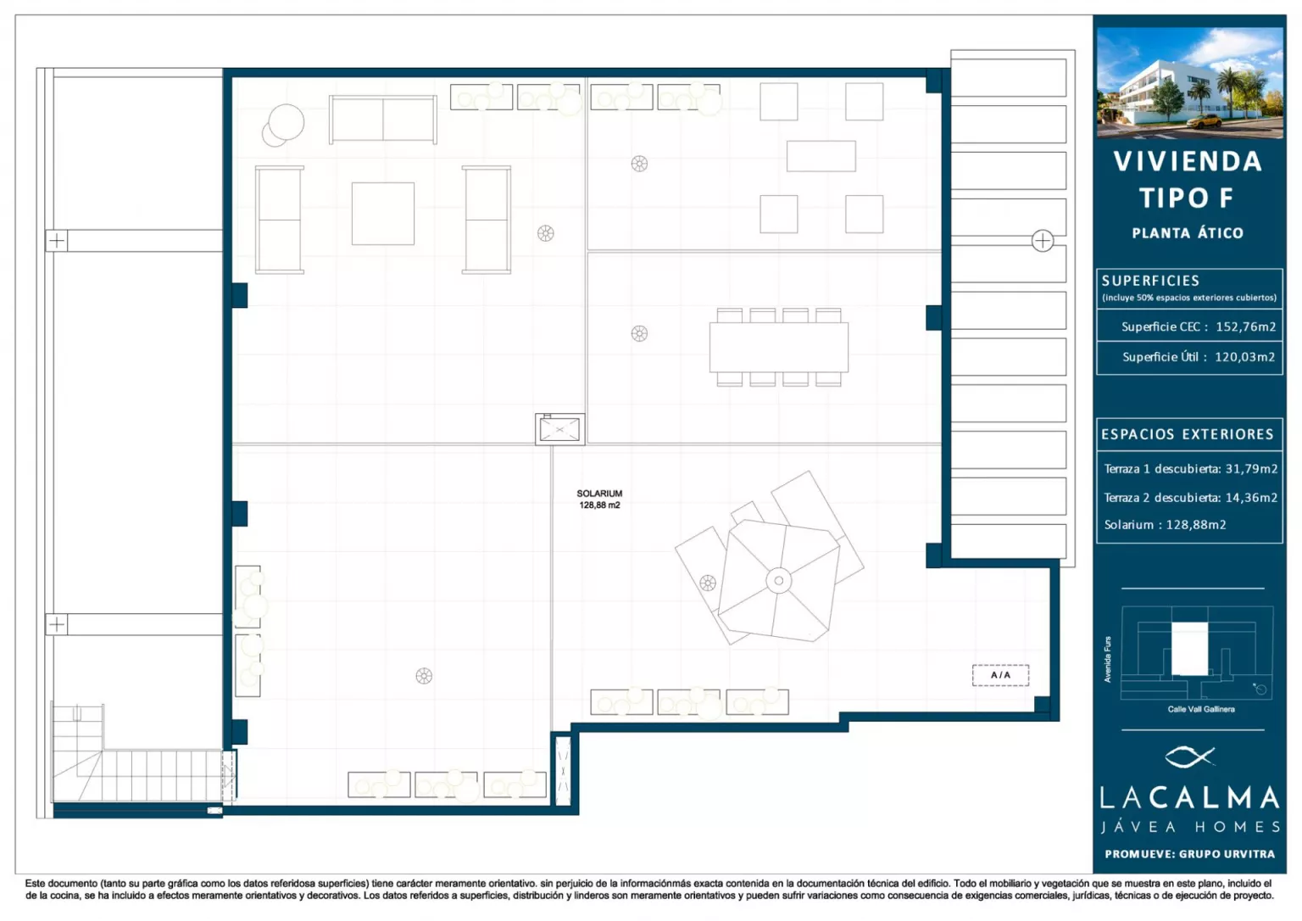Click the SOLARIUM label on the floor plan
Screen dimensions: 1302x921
[599, 493]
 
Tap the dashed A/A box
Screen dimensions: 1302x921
[1000, 675]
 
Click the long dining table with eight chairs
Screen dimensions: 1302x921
[778, 347]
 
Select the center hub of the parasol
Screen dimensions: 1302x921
[778, 580]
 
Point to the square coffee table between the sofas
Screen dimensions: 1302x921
[383, 214]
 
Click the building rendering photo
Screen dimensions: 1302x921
[1189, 82]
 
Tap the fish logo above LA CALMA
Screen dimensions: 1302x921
[1189, 756]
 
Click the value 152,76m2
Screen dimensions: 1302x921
[1245, 327]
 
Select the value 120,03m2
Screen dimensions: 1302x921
[1244, 357]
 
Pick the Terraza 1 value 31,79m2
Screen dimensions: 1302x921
[1251, 469]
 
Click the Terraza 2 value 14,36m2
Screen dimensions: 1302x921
[1251, 498]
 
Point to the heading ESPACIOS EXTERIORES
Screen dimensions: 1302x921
[1188, 434]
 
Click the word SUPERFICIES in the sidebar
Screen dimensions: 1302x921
[1150, 281]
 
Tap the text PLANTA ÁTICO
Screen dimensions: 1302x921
[1188, 233]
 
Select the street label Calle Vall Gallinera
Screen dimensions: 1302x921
[1201, 709]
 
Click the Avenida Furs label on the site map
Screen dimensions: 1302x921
[1108, 659]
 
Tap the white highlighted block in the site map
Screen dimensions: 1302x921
[1189, 649]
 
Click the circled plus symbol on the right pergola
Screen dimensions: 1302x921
[1042, 241]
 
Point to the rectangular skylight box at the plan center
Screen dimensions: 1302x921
[559, 430]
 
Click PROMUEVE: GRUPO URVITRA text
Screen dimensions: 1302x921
[1190, 854]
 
